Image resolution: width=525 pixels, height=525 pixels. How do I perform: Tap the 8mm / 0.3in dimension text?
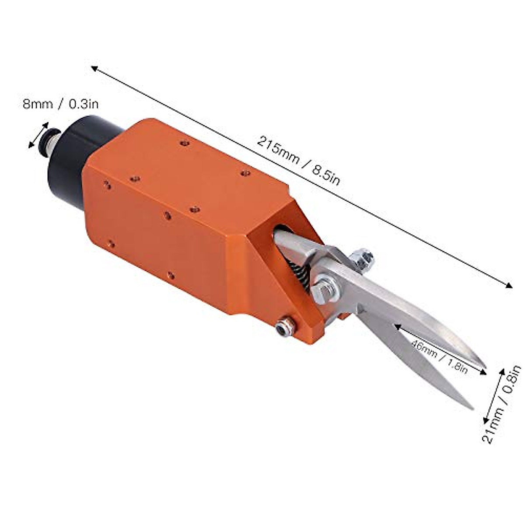coord(61,104)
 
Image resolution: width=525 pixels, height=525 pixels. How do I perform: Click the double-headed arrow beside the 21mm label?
coord(494,396)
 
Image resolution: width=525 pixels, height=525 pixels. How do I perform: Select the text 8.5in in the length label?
coord(325,175)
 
